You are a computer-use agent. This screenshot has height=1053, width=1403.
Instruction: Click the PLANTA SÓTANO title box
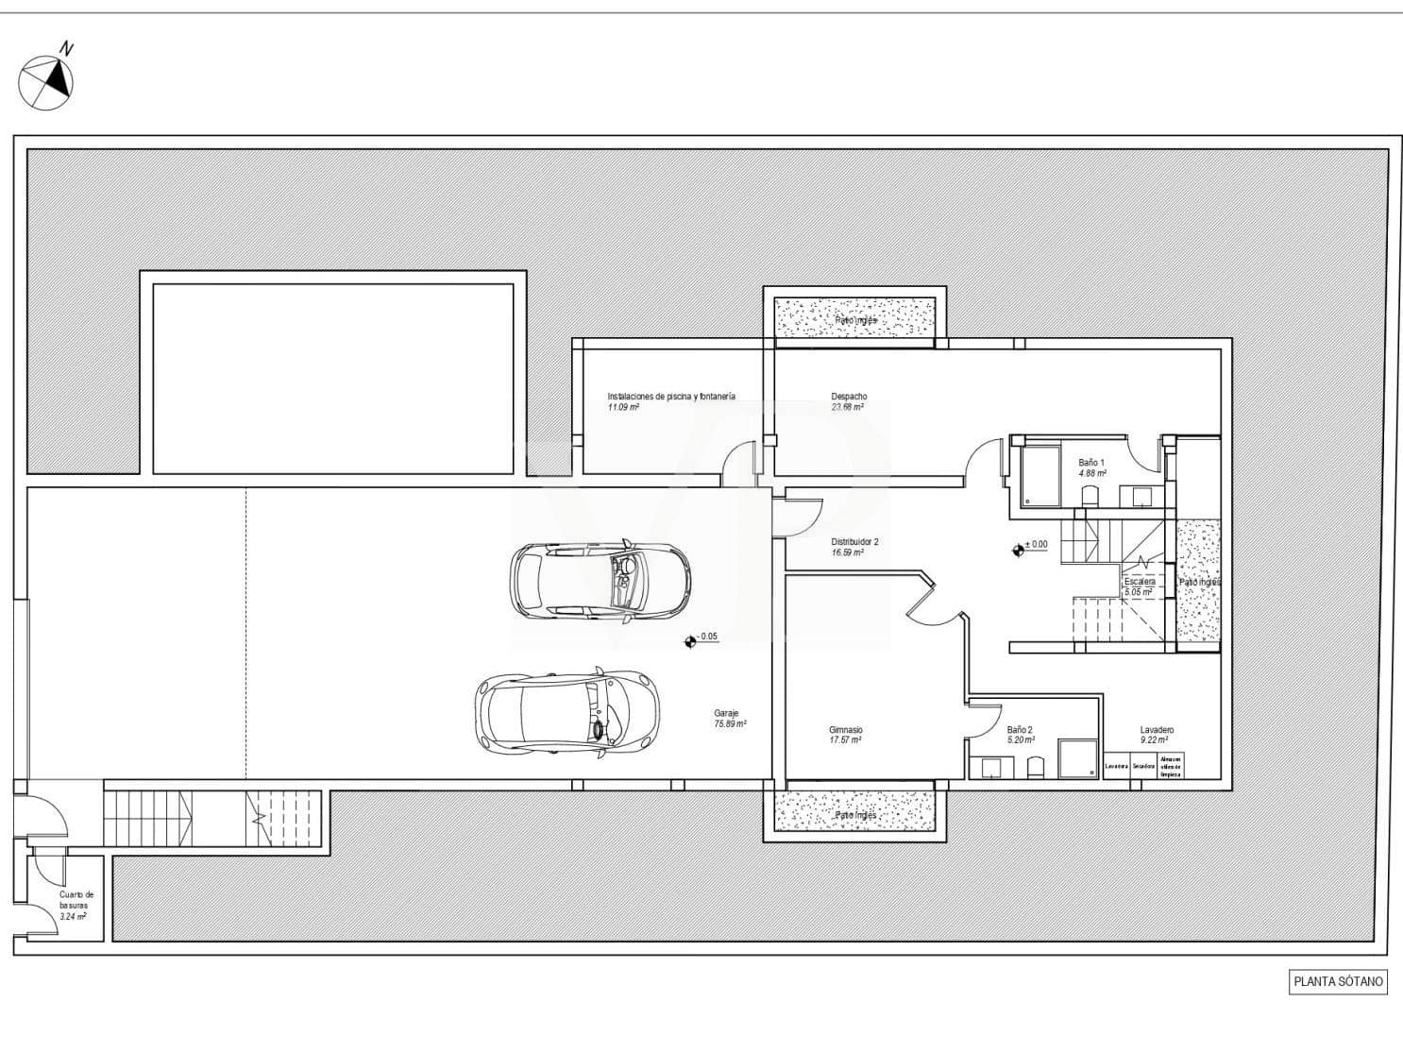click(x=1338, y=981)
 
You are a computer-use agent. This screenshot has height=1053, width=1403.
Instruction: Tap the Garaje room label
click(x=726, y=713)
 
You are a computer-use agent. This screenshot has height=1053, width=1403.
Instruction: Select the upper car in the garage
click(x=600, y=581)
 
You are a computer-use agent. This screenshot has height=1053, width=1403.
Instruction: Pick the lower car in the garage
click(x=561, y=712)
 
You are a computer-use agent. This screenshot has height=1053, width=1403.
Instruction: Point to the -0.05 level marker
click(x=689, y=641)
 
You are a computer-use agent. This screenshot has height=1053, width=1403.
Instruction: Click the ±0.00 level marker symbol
click(x=1018, y=548)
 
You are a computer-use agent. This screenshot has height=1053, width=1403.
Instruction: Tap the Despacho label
click(x=849, y=397)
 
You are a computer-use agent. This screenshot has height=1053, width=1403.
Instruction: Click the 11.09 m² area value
click(x=623, y=408)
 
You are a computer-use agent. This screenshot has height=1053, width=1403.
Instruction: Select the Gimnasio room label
click(x=845, y=730)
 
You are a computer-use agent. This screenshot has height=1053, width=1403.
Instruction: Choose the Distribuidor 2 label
click(x=854, y=542)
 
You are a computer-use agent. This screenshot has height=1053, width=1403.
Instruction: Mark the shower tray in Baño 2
click(x=1077, y=759)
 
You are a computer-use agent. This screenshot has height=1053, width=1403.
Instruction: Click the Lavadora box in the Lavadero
click(x=1117, y=766)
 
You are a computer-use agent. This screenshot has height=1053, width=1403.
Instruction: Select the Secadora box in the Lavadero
click(x=1143, y=766)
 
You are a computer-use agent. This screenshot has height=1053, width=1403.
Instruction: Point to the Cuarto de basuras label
click(x=76, y=899)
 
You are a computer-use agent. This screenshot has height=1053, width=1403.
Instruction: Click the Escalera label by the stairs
click(x=1140, y=582)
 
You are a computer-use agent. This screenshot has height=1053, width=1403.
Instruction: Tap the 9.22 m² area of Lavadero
click(x=1154, y=740)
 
